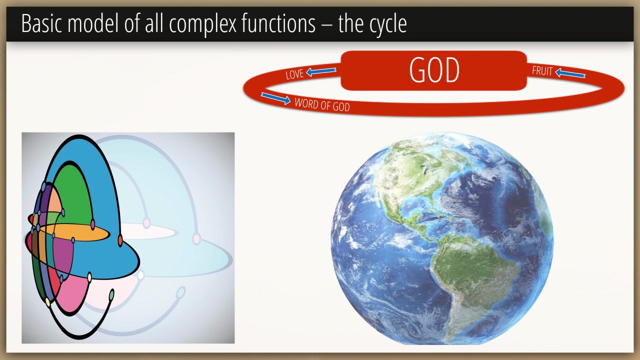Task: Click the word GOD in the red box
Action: pos(434,70)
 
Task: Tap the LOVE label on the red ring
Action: pos(294,74)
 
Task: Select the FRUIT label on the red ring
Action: pos(542,71)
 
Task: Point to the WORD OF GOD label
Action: pos(322,105)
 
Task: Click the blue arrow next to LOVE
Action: pos(321,71)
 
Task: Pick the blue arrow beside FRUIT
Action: pos(570,73)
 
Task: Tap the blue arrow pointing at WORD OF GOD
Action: pos(275,98)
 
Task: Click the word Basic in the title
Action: pos(41,23)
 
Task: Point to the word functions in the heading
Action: pos(278,23)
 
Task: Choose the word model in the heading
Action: pos(92,23)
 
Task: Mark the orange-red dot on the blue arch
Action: pos(120,240)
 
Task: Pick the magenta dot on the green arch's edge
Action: pos(92,224)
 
